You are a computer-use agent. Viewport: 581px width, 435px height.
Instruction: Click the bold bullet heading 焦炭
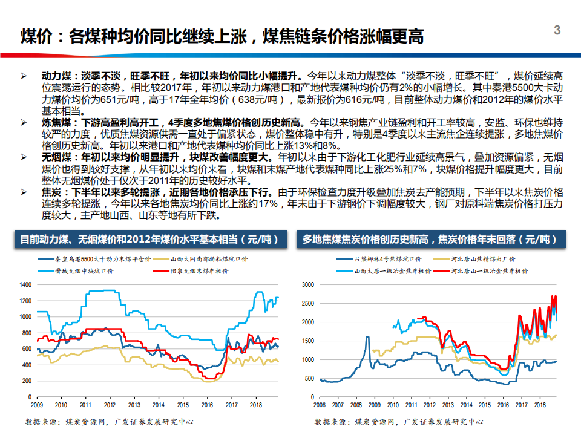point(51,192)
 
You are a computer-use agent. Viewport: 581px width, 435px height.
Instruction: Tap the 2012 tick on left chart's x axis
point(110,404)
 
